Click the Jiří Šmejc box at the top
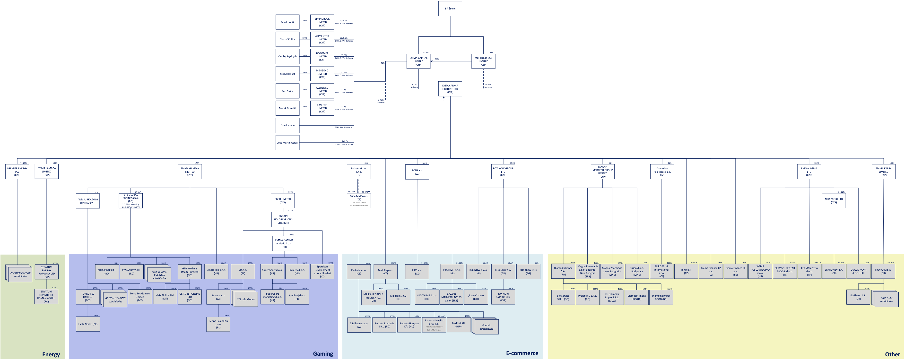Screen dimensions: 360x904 click(x=450, y=9)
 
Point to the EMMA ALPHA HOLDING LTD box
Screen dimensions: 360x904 click(x=450, y=89)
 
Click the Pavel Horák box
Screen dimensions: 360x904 click(x=287, y=22)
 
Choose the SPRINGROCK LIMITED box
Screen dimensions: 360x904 click(x=322, y=22)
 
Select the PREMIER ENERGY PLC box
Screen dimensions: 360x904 click(x=17, y=171)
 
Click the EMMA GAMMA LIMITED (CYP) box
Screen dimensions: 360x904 click(x=190, y=171)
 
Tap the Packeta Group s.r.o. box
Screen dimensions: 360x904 click(x=359, y=171)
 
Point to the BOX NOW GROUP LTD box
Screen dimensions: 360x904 click(x=503, y=171)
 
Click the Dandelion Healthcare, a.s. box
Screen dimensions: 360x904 click(x=662, y=171)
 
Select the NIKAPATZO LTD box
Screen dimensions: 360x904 click(x=834, y=201)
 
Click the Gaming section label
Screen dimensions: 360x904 click(x=323, y=354)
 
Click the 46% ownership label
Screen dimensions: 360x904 click(x=382, y=63)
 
